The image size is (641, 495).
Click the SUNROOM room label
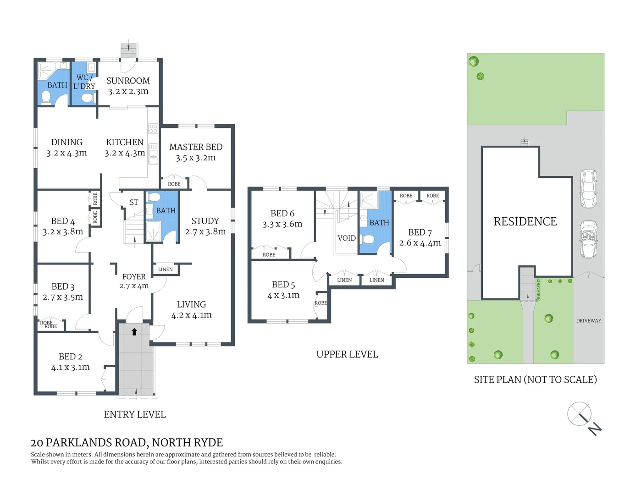[128, 81]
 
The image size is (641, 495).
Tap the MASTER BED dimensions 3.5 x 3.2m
[195, 158]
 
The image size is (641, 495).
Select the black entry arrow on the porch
[134, 332]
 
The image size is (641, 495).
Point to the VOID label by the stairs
[346, 238]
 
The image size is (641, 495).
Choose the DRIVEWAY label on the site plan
[588, 321]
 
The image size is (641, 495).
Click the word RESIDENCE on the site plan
[525, 221]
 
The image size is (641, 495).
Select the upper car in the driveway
[588, 188]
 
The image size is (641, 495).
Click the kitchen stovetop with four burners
[153, 129]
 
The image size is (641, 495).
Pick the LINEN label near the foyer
[165, 269]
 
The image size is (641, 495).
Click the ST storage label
[133, 202]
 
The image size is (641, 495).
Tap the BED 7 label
[420, 232]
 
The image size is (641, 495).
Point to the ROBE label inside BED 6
[269, 255]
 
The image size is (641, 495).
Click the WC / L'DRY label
[84, 82]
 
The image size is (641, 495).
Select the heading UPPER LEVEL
[347, 354]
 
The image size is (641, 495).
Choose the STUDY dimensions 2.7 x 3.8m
[205, 232]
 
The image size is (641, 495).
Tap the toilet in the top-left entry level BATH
[46, 97]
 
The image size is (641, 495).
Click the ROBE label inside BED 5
[320, 303]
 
